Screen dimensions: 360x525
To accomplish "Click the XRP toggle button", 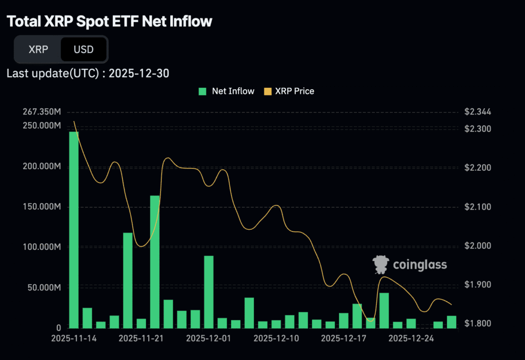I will pyautogui.click(x=38, y=50).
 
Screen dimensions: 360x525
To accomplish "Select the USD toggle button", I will pyautogui.click(x=84, y=50).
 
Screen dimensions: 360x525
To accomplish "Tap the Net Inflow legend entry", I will pyautogui.click(x=227, y=91).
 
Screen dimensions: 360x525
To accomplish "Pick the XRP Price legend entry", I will pyautogui.click(x=289, y=91).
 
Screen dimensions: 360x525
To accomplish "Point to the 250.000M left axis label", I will pyautogui.click(x=42, y=126).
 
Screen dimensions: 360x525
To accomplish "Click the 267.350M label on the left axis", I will pyautogui.click(x=42, y=112).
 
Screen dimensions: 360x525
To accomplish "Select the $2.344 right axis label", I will pyautogui.click(x=477, y=112).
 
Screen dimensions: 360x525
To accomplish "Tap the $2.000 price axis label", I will pyautogui.click(x=477, y=246).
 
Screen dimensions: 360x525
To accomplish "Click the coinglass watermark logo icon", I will pyautogui.click(x=381, y=264).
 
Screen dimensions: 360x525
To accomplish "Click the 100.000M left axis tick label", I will pyautogui.click(x=42, y=247).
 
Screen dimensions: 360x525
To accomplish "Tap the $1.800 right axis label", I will pyautogui.click(x=477, y=324).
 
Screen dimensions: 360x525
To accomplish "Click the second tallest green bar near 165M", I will pyautogui.click(x=155, y=262).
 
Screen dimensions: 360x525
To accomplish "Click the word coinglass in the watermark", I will pyautogui.click(x=419, y=265).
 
